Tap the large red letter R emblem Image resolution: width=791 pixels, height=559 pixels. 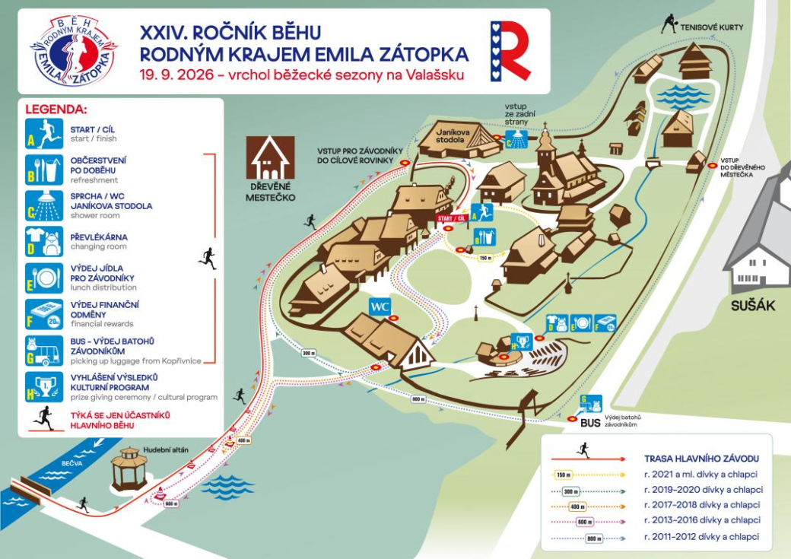pos(510,50)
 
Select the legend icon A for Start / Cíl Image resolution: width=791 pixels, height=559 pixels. pos(44,132)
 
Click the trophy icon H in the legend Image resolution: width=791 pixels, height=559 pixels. pos(44,386)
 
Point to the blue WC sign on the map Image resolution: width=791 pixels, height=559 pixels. pos(380,306)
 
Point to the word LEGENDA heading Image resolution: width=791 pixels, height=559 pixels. pos(56,109)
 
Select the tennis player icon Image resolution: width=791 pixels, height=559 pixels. pos(669,24)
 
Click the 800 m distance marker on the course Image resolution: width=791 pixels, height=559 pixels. pos(418,399)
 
